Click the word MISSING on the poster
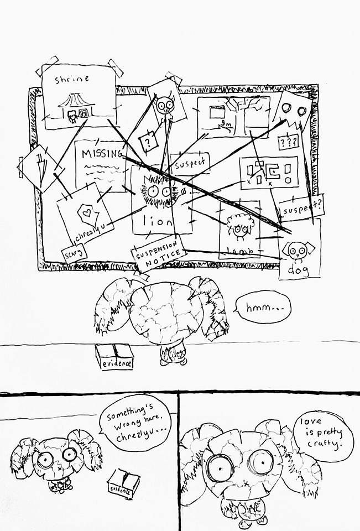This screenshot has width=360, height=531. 101,154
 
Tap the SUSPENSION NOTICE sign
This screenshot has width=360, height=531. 158,254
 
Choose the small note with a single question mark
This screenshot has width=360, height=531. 148,142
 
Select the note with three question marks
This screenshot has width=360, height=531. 288,142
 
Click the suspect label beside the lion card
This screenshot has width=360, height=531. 190,163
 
